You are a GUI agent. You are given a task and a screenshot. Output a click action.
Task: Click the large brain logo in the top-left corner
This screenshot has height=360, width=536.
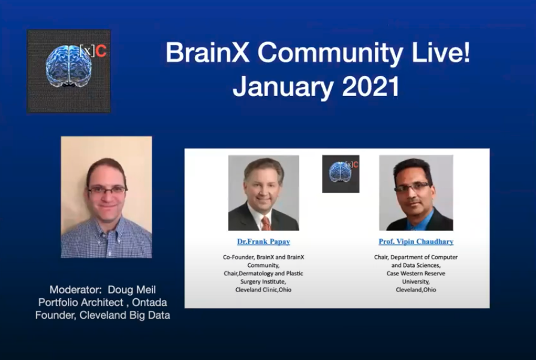68,71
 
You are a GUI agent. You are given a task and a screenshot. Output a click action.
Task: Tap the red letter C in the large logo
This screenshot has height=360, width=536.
101,52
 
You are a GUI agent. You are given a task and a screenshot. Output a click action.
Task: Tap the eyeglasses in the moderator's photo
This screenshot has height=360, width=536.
107,190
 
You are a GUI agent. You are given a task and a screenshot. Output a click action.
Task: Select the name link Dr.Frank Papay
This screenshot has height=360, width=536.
263,242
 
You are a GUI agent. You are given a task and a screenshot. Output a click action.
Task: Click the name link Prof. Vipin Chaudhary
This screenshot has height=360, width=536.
415,242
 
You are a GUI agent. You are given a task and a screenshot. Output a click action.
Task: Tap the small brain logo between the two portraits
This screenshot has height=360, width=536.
340,173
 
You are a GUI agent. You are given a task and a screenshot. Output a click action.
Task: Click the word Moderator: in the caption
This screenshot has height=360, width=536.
76,290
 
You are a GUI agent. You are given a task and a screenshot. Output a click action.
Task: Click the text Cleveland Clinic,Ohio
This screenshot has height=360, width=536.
263,290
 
